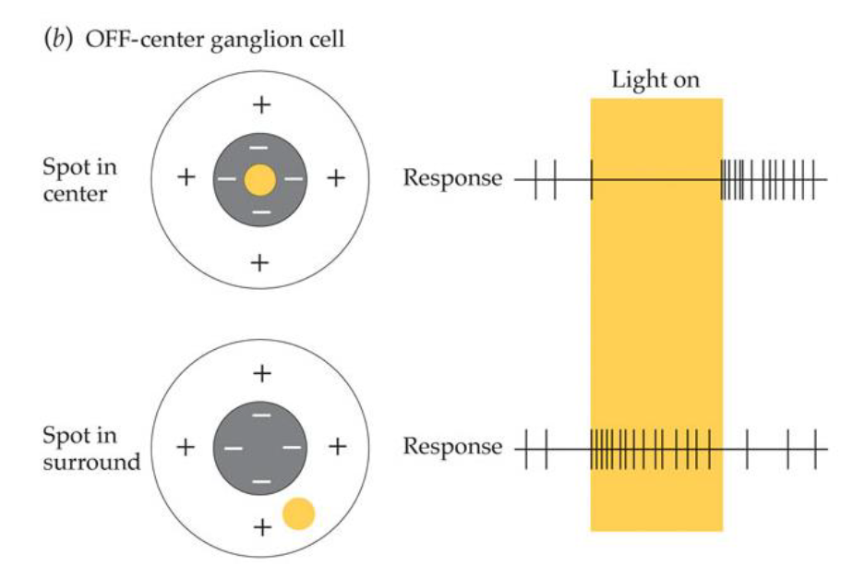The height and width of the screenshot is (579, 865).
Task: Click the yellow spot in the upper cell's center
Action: [261, 179]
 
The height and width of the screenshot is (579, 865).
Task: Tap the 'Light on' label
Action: [655, 80]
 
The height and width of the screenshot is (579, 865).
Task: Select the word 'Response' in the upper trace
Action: [452, 178]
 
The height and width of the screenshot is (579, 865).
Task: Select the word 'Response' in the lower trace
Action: [452, 448]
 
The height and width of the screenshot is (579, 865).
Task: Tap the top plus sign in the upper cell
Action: [262, 105]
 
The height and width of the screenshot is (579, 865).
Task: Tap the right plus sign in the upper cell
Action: [336, 178]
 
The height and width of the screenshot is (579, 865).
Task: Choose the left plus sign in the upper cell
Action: [186, 178]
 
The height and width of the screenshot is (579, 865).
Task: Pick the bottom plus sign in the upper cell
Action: [260, 263]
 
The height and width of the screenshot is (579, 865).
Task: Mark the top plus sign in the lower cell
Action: [262, 374]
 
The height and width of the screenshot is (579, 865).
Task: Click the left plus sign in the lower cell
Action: [186, 448]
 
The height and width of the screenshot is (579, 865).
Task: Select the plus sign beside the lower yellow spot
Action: [262, 527]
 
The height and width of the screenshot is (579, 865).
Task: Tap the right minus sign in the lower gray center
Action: [293, 448]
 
